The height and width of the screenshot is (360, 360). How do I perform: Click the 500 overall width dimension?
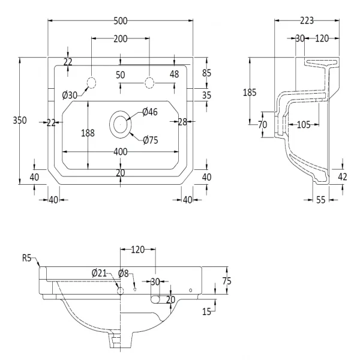121,20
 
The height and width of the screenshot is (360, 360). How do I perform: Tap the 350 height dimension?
20,121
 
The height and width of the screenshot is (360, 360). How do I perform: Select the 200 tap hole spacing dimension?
121,38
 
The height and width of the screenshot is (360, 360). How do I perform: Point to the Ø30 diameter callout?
70,94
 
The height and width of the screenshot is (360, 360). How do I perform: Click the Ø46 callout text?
149,112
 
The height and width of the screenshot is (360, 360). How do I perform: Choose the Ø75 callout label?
150,140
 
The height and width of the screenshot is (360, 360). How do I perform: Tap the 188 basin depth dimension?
88,133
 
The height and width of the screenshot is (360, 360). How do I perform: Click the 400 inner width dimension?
120,152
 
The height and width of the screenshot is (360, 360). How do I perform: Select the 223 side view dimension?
306,20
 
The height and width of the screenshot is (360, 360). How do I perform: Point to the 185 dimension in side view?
250,92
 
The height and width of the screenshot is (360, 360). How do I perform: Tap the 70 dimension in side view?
262,124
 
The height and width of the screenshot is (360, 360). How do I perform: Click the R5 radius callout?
26,259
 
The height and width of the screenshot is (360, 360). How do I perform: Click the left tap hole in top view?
92,82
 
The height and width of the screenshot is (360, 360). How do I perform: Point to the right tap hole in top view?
149,82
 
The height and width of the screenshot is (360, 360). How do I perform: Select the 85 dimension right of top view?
207,73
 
